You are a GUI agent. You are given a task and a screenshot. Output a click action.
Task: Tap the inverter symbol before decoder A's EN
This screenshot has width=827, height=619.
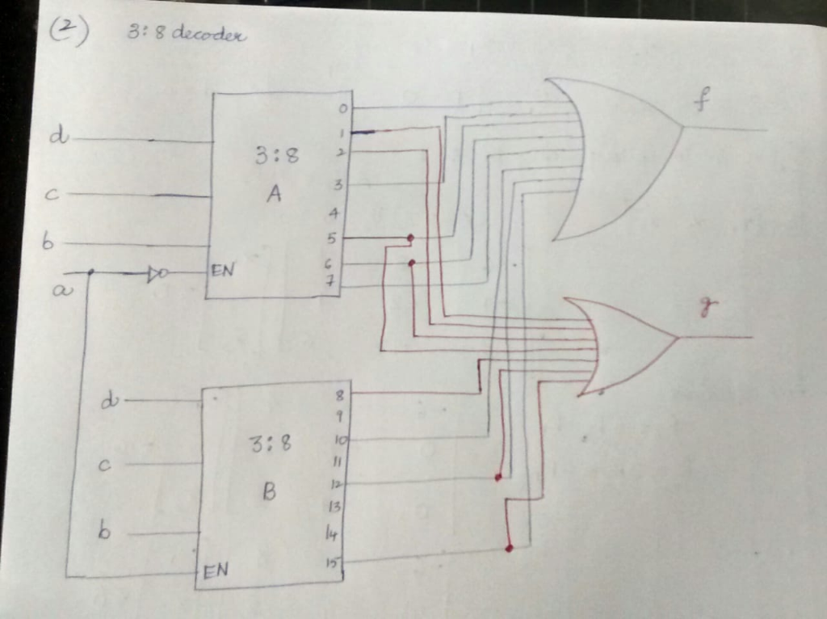[157, 275]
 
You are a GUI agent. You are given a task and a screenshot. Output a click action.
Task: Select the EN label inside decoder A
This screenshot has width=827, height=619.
[222, 271]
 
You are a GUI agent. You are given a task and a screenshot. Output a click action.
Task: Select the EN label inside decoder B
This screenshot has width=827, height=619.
[215, 571]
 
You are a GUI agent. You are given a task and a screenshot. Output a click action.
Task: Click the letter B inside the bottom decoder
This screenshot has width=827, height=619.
[269, 491]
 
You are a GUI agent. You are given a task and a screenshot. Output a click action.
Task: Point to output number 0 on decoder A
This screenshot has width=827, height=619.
[343, 108]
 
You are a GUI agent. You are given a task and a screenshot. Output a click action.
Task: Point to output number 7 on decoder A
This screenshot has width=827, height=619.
[330, 281]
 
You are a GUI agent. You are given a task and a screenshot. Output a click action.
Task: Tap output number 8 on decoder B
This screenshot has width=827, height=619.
[339, 394]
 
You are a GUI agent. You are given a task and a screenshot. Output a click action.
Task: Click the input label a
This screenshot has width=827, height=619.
[58, 291]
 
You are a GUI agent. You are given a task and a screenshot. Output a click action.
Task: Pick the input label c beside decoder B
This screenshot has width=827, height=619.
[103, 465]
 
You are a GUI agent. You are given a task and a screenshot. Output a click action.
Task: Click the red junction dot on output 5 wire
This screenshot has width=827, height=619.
[410, 238]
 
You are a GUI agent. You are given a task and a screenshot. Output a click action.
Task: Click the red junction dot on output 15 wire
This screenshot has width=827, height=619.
[509, 548]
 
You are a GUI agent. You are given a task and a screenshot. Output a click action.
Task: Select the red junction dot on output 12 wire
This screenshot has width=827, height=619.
[498, 477]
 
